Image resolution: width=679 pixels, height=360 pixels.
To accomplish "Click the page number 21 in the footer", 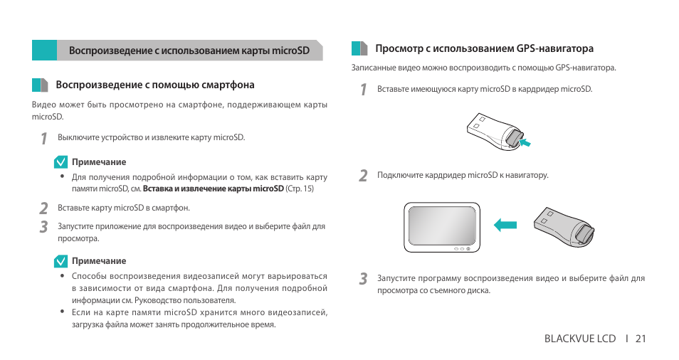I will click(x=641, y=339).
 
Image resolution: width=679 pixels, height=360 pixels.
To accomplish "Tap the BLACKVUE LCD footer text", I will click(x=579, y=339).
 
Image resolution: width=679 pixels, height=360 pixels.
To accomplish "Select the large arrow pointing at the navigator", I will click(x=506, y=226).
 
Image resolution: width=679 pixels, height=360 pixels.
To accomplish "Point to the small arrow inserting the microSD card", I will click(x=525, y=144).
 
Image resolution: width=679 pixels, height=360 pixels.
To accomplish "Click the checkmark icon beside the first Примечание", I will click(x=60, y=162).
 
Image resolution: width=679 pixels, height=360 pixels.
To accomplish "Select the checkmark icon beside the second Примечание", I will click(x=60, y=261).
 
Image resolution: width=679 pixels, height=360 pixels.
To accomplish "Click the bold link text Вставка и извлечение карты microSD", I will click(x=213, y=189).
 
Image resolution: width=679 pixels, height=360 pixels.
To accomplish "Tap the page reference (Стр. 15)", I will click(x=299, y=189).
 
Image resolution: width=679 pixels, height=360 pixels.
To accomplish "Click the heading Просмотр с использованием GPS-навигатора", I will click(x=484, y=49).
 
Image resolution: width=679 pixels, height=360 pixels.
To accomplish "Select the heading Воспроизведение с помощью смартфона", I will click(x=155, y=85).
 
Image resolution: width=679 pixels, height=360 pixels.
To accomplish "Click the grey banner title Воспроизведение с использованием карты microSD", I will click(x=189, y=51).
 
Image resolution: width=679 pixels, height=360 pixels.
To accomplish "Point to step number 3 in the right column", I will click(x=363, y=279).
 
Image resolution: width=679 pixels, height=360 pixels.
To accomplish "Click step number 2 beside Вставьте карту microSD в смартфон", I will click(x=43, y=208).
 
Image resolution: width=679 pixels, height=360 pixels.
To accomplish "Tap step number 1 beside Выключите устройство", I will click(x=43, y=138).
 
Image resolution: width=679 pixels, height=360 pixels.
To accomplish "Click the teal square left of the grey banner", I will click(x=44, y=51).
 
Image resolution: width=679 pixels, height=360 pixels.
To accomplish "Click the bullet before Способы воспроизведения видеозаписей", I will click(x=63, y=276).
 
